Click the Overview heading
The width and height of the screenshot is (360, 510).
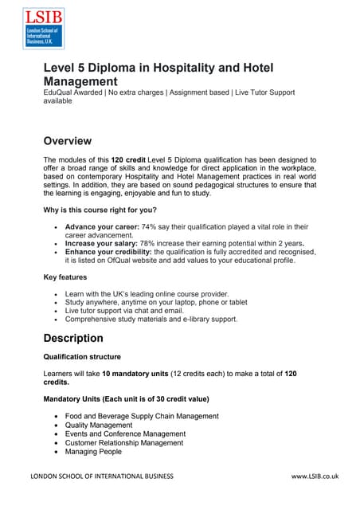point(67,141)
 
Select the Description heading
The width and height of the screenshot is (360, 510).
point(73,338)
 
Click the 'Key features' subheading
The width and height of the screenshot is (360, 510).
point(66,278)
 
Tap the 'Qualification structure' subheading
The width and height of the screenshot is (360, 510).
point(82,356)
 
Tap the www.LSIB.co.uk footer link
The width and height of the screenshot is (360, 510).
point(315,477)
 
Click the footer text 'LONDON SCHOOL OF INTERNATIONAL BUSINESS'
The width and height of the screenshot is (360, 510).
point(101,477)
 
